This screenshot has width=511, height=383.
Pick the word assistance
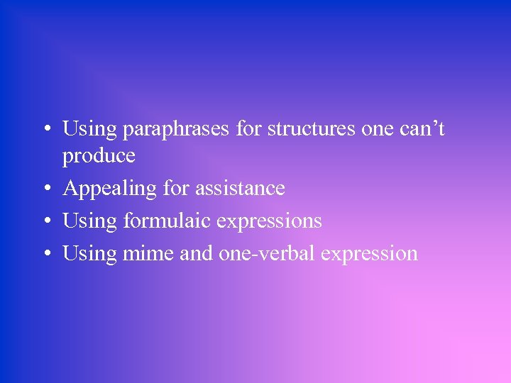240,188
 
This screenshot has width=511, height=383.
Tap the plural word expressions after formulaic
269,222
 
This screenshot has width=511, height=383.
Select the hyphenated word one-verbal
264,253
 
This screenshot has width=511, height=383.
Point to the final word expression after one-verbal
369,255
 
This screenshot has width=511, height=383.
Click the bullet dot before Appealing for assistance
45,189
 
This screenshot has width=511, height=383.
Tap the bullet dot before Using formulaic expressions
45,222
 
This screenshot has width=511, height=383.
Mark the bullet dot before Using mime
45,255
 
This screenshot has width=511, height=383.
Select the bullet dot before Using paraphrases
45,130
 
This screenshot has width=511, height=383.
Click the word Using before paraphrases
89,131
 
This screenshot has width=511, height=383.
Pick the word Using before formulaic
89,222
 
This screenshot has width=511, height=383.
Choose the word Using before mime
89,255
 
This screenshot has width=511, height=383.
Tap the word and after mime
195,253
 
